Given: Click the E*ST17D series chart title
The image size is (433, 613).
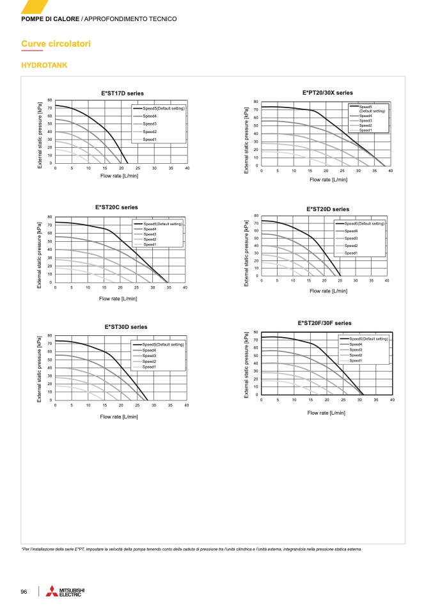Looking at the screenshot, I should click(122, 93).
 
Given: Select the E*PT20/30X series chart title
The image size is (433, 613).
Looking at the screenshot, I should click(327, 93).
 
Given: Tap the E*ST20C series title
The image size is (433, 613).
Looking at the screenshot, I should click(116, 207).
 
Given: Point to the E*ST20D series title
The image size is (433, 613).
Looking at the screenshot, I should click(327, 209).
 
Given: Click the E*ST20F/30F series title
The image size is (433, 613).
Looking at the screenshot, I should click(324, 322).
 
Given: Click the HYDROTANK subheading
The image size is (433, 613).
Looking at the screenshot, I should click(44, 65).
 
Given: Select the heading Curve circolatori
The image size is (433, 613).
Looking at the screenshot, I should click(56, 44).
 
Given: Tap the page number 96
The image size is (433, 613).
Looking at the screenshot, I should click(24, 592).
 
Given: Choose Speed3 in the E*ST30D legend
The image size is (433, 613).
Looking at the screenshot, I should click(149, 356).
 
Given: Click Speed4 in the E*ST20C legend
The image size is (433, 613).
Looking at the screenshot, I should click(150, 229).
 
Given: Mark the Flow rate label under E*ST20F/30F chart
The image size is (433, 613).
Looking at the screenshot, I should click(326, 413).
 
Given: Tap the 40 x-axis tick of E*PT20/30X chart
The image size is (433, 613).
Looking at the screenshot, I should click(390, 171).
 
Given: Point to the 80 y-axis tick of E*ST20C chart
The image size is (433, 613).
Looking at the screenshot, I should click(49, 217).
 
